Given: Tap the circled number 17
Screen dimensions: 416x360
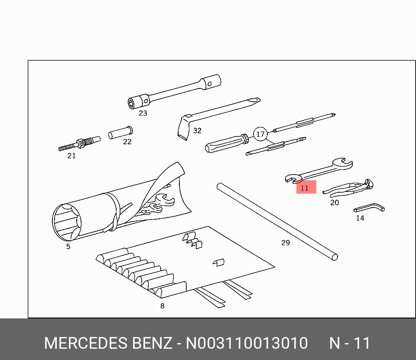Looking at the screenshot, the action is [260, 134].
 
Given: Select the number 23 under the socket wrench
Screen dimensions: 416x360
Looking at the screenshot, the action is [143, 114].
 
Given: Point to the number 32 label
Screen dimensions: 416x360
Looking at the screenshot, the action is [197, 130].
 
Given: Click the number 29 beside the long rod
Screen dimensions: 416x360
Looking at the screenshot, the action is [285, 243].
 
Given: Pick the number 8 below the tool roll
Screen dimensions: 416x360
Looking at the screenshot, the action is [162, 306].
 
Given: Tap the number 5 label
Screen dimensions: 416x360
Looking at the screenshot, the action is [68, 246].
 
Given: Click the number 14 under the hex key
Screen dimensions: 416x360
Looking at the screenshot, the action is [360, 218].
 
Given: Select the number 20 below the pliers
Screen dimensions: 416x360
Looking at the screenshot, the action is [335, 202].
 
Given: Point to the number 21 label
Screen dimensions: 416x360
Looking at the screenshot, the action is [71, 156].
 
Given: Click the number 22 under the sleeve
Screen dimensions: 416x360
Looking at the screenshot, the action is [127, 142].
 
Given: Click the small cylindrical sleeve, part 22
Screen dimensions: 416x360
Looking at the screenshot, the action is [120, 133].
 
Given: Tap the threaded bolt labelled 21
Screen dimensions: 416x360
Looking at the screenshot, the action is [79, 143].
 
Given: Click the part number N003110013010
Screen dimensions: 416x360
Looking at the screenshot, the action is [247, 343].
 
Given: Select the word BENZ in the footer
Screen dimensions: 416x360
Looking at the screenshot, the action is [151, 343].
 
